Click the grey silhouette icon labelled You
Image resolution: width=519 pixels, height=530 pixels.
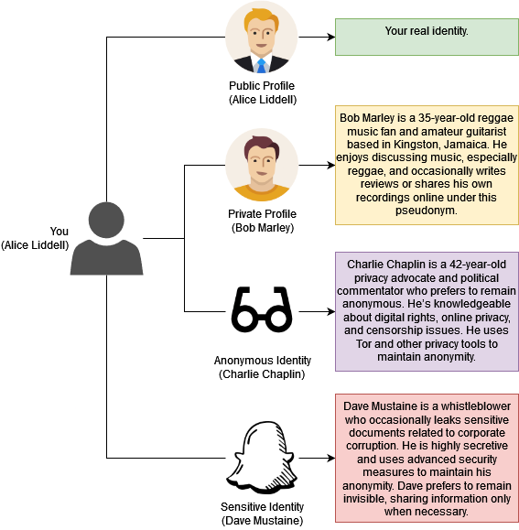click(x=107, y=240)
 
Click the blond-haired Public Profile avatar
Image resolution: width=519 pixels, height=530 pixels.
click(x=262, y=38)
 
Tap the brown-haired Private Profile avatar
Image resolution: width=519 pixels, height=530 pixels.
click(x=262, y=166)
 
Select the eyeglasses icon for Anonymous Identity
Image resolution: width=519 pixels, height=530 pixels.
click(x=262, y=310)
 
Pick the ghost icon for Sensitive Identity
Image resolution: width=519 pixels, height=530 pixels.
click(x=262, y=455)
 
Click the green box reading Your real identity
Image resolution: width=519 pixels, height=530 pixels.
click(x=427, y=37)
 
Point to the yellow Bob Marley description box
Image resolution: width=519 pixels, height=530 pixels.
click(x=427, y=165)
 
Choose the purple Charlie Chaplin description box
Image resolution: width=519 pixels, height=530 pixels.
click(x=427, y=311)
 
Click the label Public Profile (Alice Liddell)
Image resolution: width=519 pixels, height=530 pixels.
click(x=262, y=92)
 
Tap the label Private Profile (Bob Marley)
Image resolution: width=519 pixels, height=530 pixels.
click(x=262, y=221)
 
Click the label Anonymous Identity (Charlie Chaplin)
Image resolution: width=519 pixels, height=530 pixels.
click(x=262, y=367)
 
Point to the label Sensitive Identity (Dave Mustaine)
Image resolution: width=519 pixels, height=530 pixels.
click(x=262, y=514)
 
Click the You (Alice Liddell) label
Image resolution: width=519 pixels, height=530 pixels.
click(x=35, y=238)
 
